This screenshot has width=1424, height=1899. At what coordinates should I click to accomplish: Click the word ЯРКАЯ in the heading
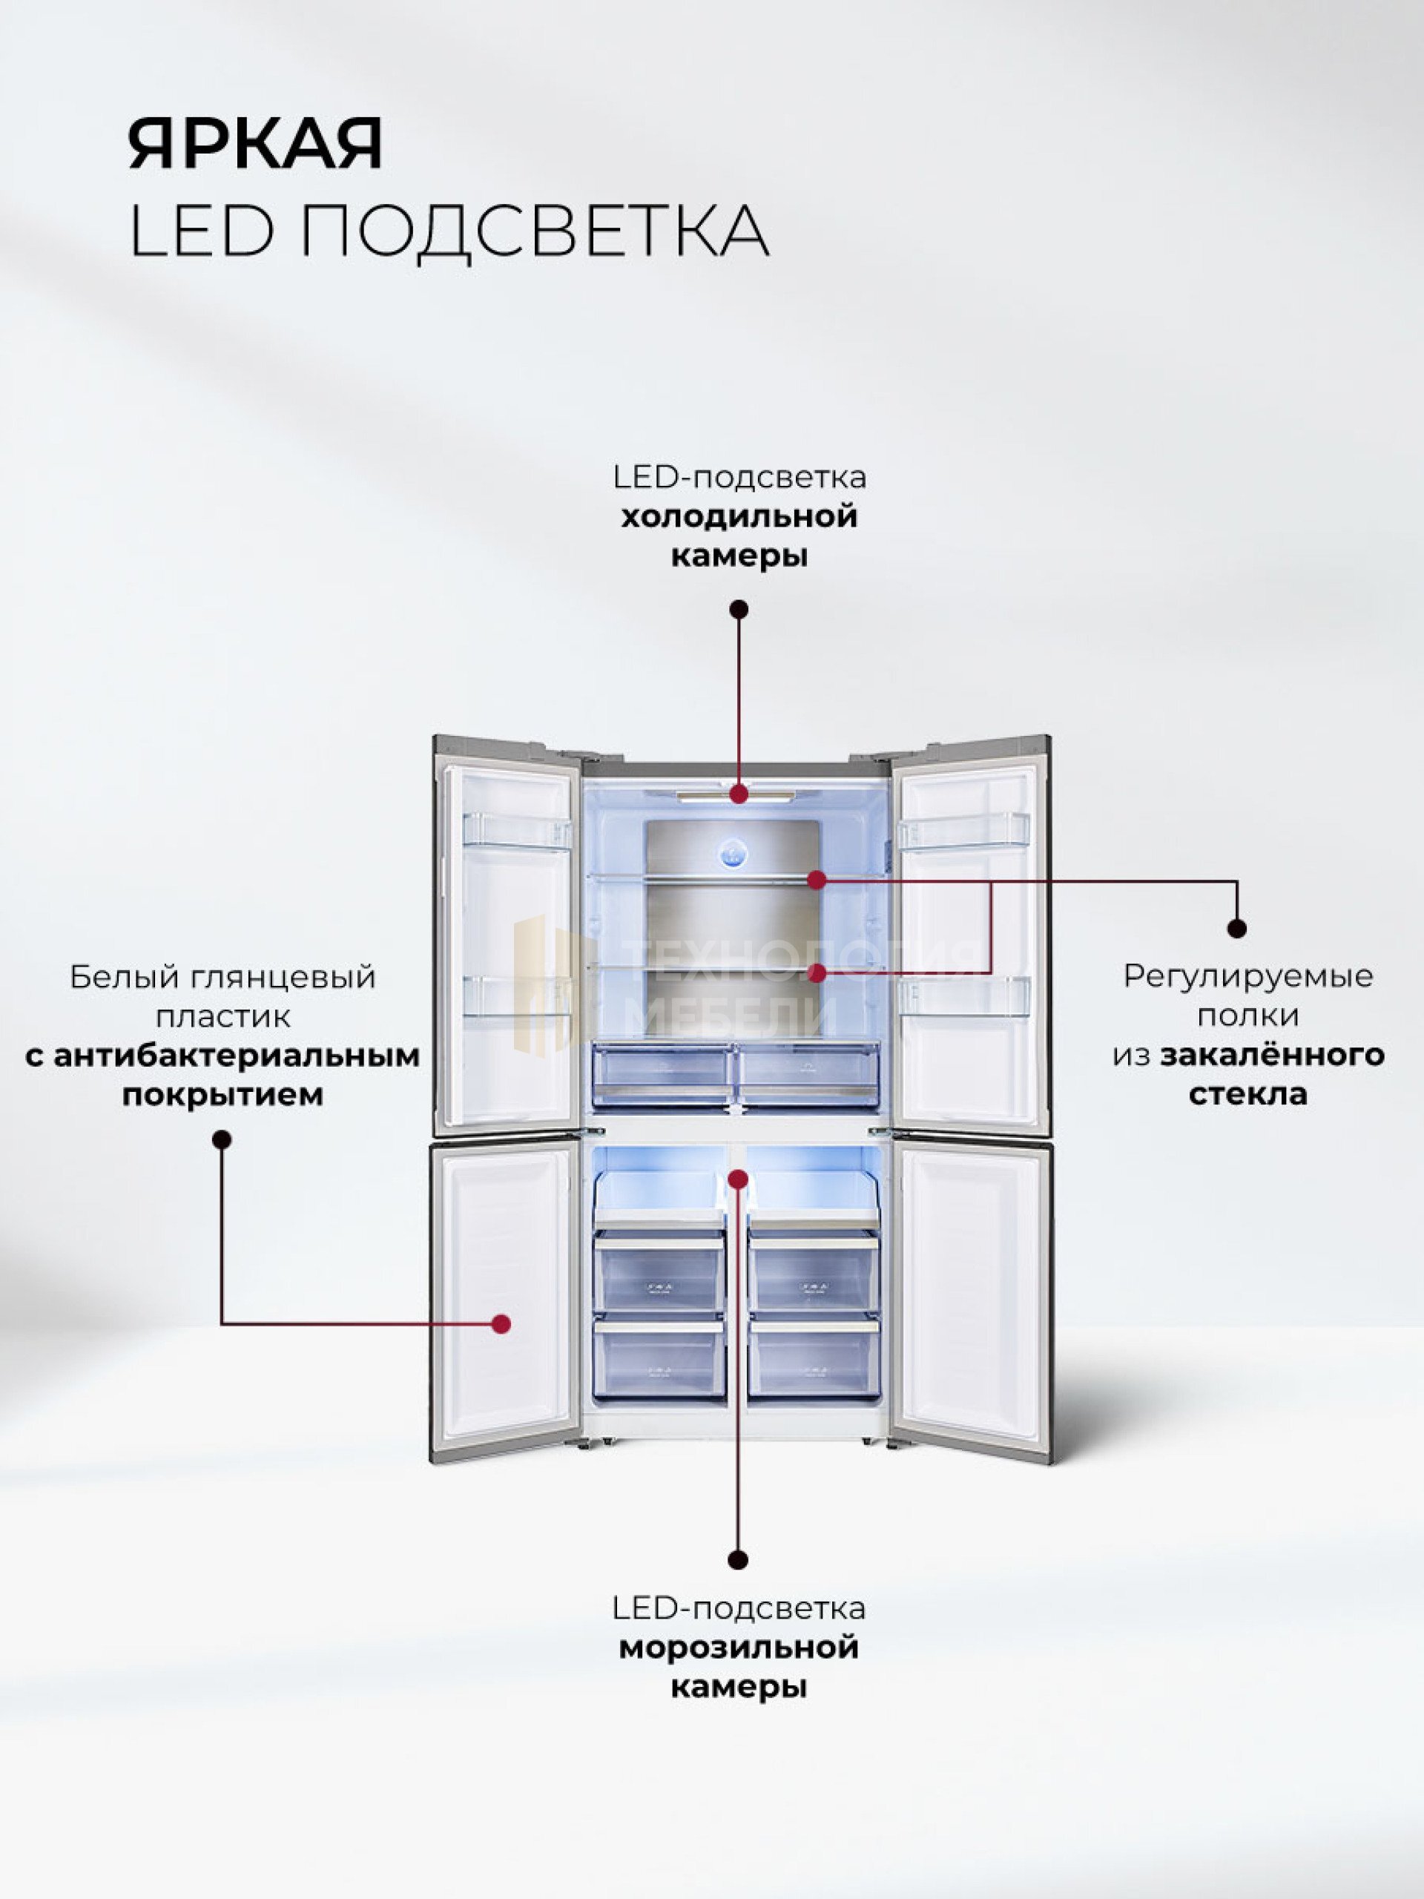tap(255, 143)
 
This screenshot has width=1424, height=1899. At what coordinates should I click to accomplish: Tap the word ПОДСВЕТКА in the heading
tap(534, 231)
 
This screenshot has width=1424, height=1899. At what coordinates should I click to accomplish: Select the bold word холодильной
tap(739, 517)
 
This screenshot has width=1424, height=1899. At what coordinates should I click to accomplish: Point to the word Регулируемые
tap(1248, 976)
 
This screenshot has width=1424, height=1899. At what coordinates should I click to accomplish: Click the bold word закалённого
tap(1272, 1055)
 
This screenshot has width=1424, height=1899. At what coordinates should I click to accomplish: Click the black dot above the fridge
tap(738, 610)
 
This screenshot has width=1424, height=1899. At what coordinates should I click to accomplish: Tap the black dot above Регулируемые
tap(1237, 928)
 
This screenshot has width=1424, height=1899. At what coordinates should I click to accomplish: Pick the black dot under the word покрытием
tap(222, 1140)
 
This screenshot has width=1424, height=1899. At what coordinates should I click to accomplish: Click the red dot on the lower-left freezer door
tap(502, 1324)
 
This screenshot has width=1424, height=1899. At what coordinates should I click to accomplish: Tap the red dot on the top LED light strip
tap(739, 794)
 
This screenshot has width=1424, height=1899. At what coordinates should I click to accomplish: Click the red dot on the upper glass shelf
tap(817, 879)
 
